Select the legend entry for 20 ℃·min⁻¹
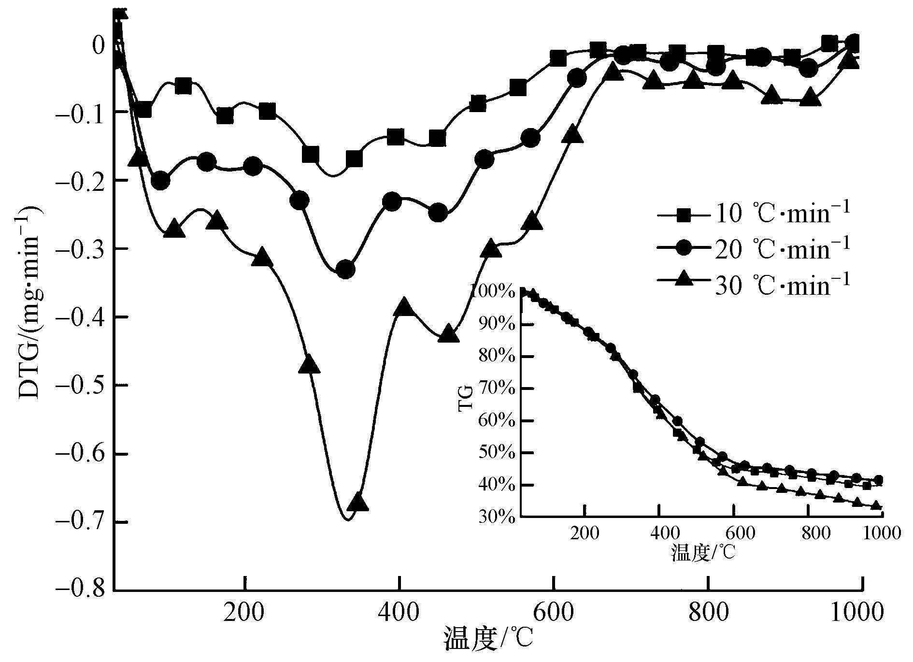(x=754, y=250)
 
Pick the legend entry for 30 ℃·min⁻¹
(x=754, y=285)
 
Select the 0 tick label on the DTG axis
(x=99, y=45)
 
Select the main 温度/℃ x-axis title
(x=488, y=639)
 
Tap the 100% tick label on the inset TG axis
(x=498, y=292)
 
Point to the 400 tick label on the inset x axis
(x=659, y=533)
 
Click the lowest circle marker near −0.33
(x=345, y=269)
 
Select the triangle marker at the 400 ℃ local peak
(x=404, y=307)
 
